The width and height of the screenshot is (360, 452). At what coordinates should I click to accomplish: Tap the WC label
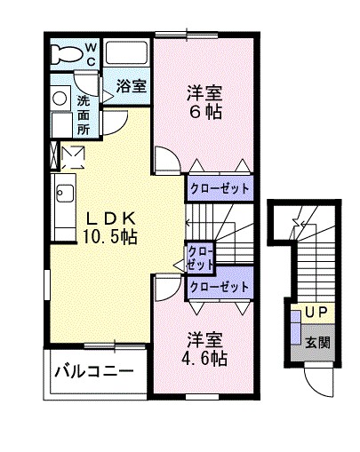(91, 54)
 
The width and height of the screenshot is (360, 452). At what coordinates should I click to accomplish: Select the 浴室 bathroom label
(132, 86)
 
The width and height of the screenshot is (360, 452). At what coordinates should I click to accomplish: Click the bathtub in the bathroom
(125, 54)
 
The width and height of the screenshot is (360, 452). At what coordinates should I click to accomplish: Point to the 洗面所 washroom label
(83, 114)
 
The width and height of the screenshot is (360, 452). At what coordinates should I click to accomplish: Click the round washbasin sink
(60, 97)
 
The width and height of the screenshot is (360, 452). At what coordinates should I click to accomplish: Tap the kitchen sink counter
(63, 203)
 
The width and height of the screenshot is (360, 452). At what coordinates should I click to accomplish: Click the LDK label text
(110, 218)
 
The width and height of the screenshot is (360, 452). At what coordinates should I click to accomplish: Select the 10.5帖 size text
(110, 236)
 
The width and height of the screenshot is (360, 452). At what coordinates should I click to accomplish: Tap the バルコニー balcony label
(92, 371)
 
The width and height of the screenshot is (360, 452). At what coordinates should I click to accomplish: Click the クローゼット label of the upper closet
(219, 189)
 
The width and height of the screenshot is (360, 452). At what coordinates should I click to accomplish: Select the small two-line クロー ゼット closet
(200, 258)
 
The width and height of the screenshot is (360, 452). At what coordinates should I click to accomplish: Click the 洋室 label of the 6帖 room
(204, 91)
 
